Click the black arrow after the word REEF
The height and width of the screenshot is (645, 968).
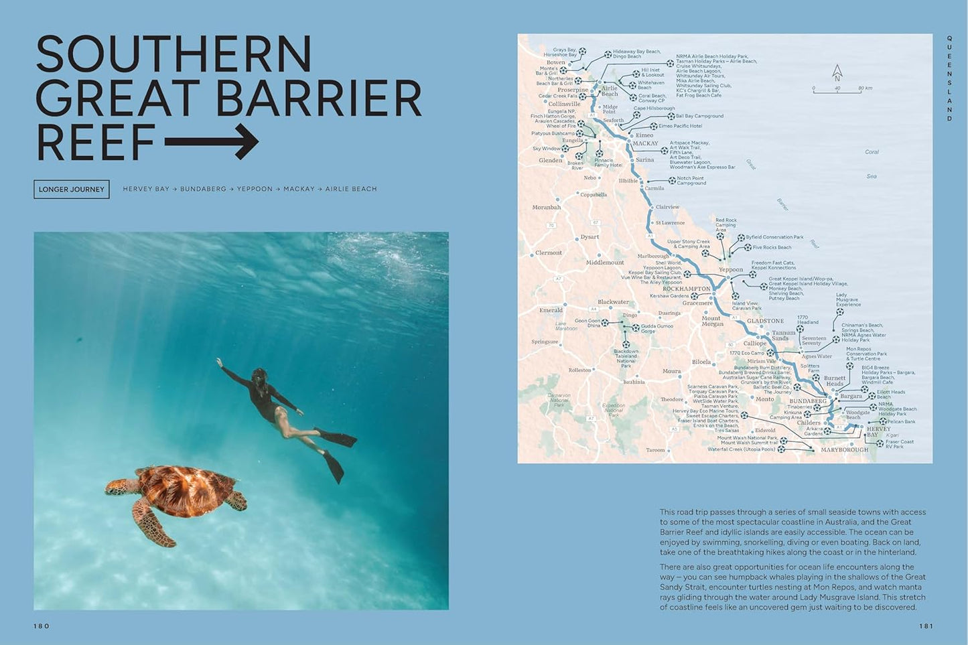point(212,141)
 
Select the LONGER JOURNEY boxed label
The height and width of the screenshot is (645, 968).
point(72,190)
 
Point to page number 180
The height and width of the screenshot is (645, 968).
point(42,626)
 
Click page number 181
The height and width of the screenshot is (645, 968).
point(926,626)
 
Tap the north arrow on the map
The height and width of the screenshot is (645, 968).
point(837,72)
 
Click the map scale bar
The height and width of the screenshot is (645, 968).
point(837,89)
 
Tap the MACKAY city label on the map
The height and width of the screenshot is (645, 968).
point(645,143)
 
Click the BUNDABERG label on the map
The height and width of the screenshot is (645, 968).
point(808,401)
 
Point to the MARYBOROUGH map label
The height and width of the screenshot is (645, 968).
point(844,450)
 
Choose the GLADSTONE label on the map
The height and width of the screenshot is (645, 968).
point(765,321)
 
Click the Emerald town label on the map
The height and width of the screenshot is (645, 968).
point(551,310)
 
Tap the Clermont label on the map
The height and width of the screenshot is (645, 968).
point(549,253)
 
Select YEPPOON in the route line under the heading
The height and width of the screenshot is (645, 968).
point(255,190)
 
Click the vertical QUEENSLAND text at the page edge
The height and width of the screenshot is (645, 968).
point(949,79)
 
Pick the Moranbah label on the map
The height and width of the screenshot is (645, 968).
point(546,208)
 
